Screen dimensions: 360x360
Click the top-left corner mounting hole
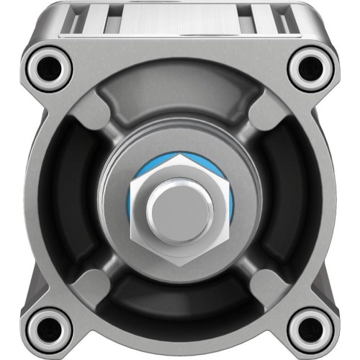point(50,68)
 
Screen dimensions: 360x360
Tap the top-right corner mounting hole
point(310,68)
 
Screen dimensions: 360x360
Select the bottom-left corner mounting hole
point(50,328)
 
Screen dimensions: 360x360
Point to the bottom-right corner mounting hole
point(310,328)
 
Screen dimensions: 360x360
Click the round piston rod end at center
point(180,208)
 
